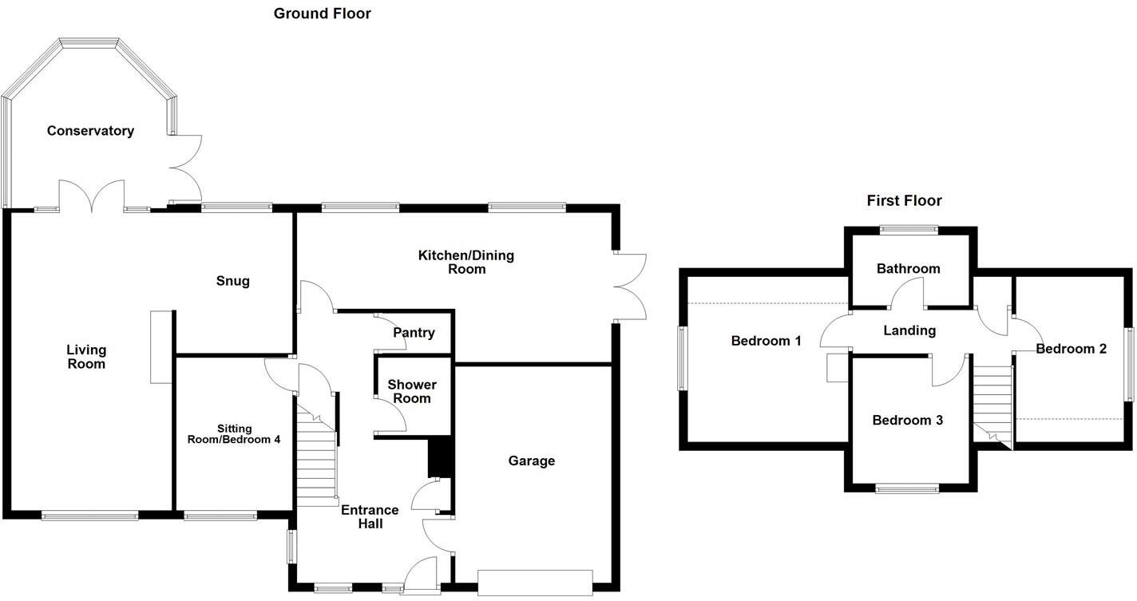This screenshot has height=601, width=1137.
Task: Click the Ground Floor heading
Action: (322, 13)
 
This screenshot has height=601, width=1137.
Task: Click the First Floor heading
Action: (904, 200)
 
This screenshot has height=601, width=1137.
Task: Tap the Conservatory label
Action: (90, 131)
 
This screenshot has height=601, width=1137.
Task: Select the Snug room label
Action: (232, 281)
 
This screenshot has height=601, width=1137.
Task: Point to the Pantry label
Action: (414, 333)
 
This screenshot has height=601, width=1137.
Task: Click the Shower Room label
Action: (412, 392)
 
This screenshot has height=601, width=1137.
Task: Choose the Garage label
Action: (531, 461)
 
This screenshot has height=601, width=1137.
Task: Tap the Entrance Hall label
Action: (370, 516)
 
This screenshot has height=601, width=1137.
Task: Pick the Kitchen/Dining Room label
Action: (466, 263)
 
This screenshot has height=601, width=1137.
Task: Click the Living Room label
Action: (86, 357)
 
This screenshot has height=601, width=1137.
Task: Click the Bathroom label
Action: (908, 269)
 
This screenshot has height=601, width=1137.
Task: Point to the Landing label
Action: (909, 330)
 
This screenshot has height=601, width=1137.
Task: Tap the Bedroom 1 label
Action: (766, 341)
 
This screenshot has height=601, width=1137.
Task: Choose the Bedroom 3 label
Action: (907, 421)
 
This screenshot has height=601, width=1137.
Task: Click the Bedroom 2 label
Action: (1071, 349)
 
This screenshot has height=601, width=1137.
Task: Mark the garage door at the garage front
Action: (535, 582)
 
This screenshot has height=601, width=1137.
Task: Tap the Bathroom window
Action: (909, 230)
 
